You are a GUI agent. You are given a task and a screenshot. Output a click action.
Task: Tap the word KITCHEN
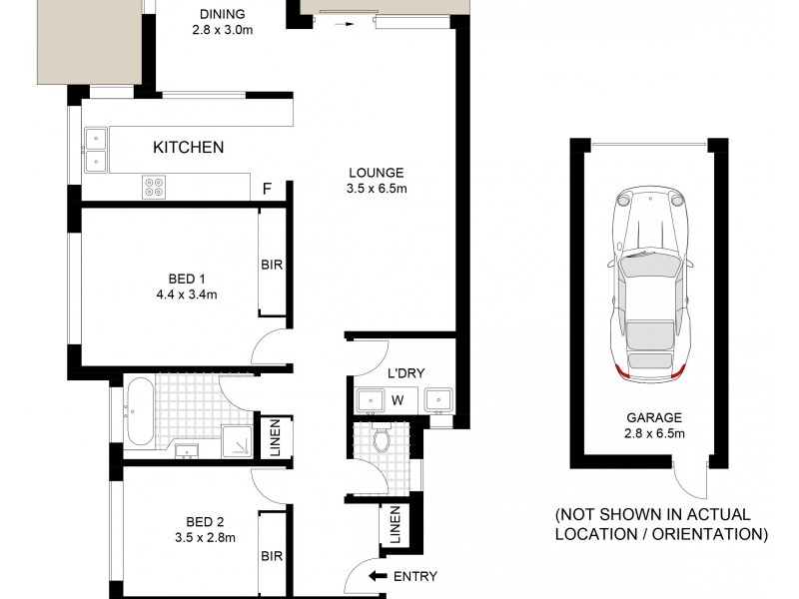pos(188,148)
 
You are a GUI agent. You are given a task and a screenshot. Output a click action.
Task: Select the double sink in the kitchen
pos(97,148)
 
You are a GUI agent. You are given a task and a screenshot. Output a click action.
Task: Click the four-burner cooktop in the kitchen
pos(155,185)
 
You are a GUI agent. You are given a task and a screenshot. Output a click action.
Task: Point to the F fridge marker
pos(266,187)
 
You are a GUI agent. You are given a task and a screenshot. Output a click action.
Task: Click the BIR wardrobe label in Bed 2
pos(271,557)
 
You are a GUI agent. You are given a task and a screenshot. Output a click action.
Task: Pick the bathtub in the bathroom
pos(140,409)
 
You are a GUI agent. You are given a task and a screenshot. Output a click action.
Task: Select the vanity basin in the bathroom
pos(186,452)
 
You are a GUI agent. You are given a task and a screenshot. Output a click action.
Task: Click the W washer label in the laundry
pos(397,401)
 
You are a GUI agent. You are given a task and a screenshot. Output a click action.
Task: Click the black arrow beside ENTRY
pos(378,576)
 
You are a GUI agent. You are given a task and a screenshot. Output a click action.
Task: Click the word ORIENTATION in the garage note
pos(708,535)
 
